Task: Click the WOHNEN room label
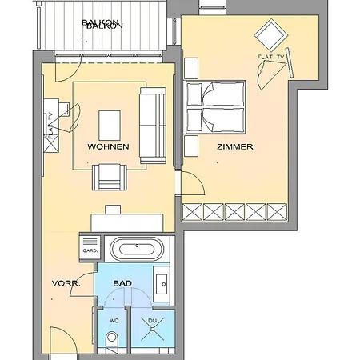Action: coord(108,146)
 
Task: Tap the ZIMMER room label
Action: coord(235,146)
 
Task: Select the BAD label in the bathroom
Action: coord(122,283)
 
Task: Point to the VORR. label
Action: coord(66,283)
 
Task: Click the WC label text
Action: coord(114,321)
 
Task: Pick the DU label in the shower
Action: coord(152,321)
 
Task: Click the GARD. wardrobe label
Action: coord(90,250)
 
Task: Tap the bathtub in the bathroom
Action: coord(137,249)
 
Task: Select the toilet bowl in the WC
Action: coord(112,338)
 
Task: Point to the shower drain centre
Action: coord(152,329)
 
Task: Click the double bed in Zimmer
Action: coord(215,107)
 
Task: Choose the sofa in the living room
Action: coord(153,126)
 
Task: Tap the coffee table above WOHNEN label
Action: coord(110,126)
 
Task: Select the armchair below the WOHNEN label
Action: coord(110,177)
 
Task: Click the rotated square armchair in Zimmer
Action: coord(271,35)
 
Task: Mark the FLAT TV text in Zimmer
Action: coord(270,57)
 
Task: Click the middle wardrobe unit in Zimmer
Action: coord(234,212)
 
